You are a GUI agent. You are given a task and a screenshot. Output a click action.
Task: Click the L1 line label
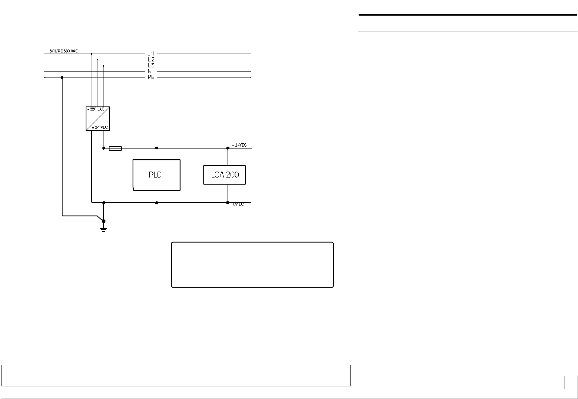tap(150, 54)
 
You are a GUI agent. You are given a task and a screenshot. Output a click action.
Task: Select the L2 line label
tap(150, 60)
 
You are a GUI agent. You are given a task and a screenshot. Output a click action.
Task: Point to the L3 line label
tap(150, 66)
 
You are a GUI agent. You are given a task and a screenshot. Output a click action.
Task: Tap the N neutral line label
tap(150, 71)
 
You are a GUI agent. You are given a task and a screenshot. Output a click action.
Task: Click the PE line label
tap(150, 78)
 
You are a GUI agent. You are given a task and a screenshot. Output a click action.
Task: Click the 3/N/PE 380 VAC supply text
tap(64, 51)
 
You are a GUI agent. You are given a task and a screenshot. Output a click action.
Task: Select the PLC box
tap(156, 175)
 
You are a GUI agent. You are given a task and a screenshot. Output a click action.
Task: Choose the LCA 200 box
tap(225, 175)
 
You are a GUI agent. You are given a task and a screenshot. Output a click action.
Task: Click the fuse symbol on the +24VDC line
tap(115, 149)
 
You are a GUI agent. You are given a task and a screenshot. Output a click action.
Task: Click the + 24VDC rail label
tap(239, 145)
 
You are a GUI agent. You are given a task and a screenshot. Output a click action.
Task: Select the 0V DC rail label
tap(238, 205)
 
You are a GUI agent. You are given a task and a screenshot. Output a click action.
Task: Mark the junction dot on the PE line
tap(62, 77)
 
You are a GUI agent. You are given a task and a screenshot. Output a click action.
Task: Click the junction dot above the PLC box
tap(157, 148)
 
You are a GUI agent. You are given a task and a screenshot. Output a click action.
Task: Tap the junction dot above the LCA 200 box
tap(228, 148)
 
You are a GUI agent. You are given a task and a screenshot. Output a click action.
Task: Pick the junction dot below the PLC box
tap(157, 203)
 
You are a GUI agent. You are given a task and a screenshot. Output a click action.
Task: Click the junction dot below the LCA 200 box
tap(228, 203)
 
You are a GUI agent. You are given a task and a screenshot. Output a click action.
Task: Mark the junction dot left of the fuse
tap(104, 148)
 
